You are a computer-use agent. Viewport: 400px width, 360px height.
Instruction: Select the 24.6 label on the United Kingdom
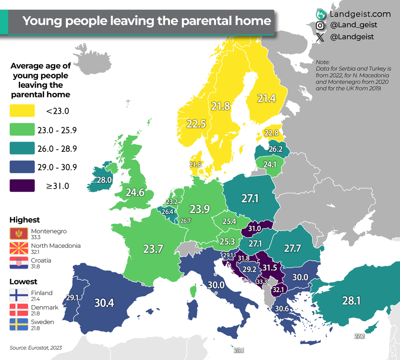coord(135,192)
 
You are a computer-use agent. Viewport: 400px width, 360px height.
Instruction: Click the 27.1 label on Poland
coord(250,199)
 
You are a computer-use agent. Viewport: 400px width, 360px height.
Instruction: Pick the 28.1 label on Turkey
coord(351,301)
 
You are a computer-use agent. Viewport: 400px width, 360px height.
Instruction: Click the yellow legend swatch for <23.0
coord(23,111)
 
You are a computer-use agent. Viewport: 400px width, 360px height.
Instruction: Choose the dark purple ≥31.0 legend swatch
coord(23,186)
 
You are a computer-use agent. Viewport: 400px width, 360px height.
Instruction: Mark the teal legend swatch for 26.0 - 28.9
coord(23,148)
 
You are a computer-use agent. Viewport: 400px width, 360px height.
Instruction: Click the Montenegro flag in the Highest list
coord(18,234)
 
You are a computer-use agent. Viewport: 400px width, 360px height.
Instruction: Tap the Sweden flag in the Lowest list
coord(18,325)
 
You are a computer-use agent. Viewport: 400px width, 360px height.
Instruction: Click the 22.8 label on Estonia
coord(271,133)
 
